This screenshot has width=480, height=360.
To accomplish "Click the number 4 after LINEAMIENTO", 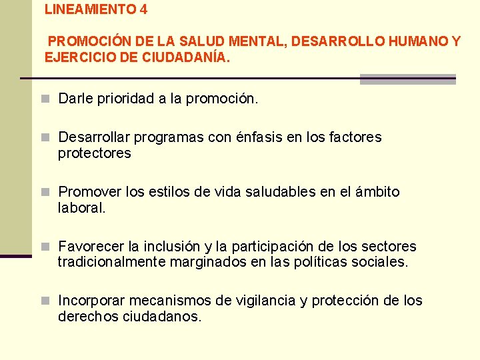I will click(144, 10).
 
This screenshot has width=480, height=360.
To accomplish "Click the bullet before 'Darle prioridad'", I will click(46, 99).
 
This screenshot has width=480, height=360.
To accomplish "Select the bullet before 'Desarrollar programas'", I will click(46, 137).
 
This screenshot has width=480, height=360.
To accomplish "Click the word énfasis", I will click(259, 137).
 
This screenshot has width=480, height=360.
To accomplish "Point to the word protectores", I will click(95, 153).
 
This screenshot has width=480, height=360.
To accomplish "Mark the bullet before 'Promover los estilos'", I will click(46, 192).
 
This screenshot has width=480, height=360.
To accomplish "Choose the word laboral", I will click(81, 208).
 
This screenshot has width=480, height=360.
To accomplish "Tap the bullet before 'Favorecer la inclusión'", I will click(46, 247).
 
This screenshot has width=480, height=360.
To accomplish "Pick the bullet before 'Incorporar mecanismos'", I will click(46, 301).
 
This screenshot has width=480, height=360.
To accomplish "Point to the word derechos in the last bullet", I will click(87, 317).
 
